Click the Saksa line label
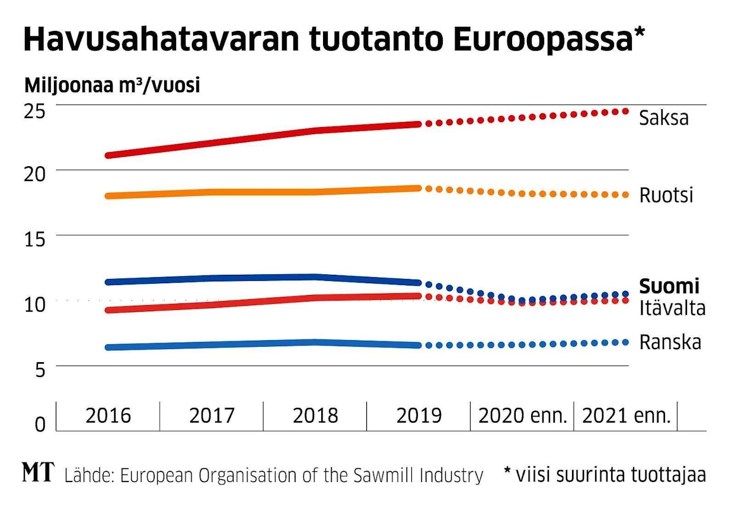pyautogui.click(x=663, y=118)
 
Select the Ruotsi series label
pyautogui.click(x=666, y=195)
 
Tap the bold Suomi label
pyautogui.click(x=669, y=286)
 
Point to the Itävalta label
pyautogui.click(x=672, y=308)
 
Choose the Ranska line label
pyautogui.click(x=670, y=343)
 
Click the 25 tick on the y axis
pyautogui.click(x=34, y=110)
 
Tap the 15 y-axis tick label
pyautogui.click(x=34, y=240)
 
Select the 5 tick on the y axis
pyautogui.click(x=39, y=371)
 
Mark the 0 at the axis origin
pyautogui.click(x=39, y=424)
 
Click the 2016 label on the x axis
pyautogui.click(x=108, y=416)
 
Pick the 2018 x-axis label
pyautogui.click(x=315, y=416)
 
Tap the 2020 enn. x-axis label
pyautogui.click(x=522, y=416)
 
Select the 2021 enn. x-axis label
pyautogui.click(x=626, y=416)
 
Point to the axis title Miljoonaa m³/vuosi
pyautogui.click(x=112, y=85)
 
